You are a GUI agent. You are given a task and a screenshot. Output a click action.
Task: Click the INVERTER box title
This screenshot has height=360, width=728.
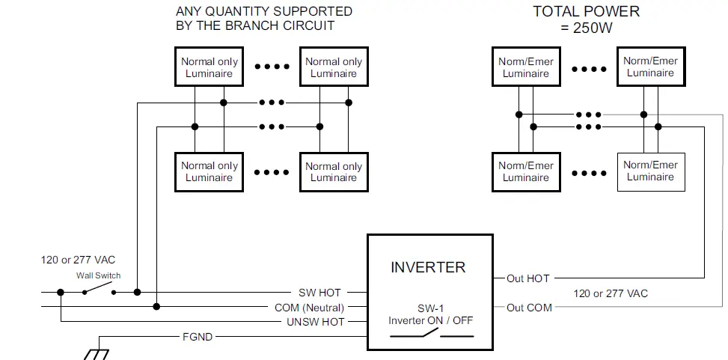click(x=428, y=267)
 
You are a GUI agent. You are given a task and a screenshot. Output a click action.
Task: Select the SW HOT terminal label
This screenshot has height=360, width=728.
click(x=319, y=293)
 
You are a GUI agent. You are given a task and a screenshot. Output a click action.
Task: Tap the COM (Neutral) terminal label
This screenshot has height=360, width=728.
click(x=309, y=308)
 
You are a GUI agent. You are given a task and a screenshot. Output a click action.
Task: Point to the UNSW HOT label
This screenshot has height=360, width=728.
click(x=315, y=322)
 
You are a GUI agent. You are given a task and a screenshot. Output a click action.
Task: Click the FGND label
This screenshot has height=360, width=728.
click(x=198, y=337)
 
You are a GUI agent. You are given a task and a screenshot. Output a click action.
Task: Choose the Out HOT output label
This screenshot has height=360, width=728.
click(x=528, y=278)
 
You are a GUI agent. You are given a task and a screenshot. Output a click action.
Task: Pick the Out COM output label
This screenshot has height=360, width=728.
click(x=529, y=308)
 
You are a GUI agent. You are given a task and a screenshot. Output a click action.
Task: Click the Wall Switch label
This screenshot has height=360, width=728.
click(x=99, y=275)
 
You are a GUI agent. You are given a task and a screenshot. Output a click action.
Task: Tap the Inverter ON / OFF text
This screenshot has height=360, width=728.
click(x=430, y=320)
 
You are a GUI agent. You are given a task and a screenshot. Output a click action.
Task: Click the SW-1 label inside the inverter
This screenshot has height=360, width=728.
click(x=430, y=309)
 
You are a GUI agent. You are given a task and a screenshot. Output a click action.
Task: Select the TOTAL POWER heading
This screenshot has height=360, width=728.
click(x=586, y=12)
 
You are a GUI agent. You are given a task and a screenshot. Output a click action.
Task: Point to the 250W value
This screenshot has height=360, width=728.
click(x=593, y=28)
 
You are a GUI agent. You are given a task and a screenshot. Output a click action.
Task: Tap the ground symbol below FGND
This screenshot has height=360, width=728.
click(x=96, y=355)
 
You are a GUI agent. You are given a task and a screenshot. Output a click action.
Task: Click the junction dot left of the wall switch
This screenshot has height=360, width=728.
click(x=61, y=292)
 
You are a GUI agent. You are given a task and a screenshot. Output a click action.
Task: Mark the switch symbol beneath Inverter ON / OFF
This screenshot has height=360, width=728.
click(x=431, y=333)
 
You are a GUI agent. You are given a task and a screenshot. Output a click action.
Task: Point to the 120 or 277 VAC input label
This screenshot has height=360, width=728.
click(x=78, y=260)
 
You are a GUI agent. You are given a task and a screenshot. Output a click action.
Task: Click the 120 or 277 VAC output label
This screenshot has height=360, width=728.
click(x=611, y=293)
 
